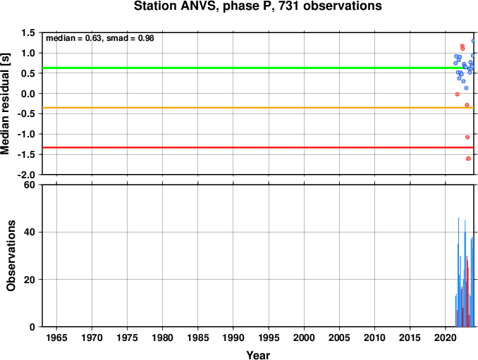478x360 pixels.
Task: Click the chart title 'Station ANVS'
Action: [x=176, y=6]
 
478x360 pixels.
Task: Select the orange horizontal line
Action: [x=258, y=108]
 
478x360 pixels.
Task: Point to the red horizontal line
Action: [x=258, y=147]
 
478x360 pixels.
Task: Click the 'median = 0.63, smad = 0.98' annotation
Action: [x=100, y=38]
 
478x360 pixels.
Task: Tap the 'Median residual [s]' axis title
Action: [x=5, y=104]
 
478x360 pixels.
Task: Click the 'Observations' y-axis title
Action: [x=11, y=256]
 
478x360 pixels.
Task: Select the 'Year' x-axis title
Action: [x=258, y=355]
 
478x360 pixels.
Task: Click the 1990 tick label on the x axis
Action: [x=233, y=337]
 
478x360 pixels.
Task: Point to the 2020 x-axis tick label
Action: [x=446, y=337]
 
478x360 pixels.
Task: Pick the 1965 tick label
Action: [x=56, y=337]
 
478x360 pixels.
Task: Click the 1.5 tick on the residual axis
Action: [x=28, y=32]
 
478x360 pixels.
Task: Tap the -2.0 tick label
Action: [x=27, y=175]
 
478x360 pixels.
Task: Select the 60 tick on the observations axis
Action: [x=30, y=185]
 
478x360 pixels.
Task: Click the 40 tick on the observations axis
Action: [x=30, y=232]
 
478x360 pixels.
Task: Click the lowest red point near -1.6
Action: [x=469, y=159]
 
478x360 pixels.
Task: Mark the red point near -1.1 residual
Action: [x=467, y=137]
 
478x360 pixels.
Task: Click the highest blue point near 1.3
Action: [x=473, y=41]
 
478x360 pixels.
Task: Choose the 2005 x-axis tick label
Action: [x=339, y=337]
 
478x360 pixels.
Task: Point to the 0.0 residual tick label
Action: [x=28, y=94]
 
